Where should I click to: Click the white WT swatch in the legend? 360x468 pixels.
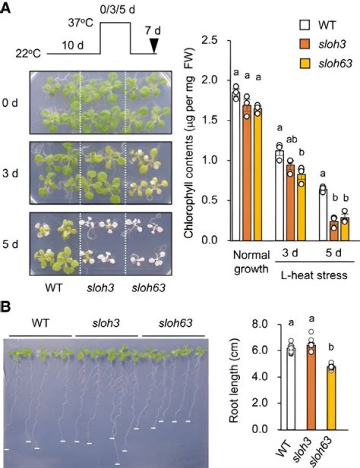304,25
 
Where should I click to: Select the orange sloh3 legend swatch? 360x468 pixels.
304,44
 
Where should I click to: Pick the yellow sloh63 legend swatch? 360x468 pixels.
304,63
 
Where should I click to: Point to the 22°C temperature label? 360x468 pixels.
28,54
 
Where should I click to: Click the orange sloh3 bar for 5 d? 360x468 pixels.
334,230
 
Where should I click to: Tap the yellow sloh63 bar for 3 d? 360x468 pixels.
301,207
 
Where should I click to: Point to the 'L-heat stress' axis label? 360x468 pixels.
314,275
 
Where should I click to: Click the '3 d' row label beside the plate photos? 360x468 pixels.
10,173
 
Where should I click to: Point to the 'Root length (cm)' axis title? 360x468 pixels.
234,381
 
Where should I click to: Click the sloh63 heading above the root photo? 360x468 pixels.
175,323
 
